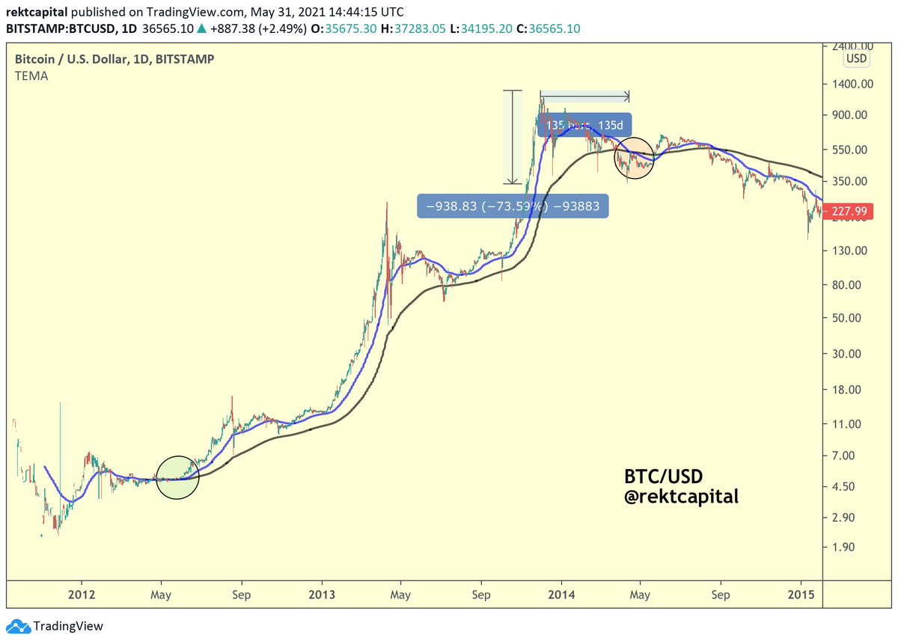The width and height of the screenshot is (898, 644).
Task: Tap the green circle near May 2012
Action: coord(177,477)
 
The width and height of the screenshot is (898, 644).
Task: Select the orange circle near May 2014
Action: coord(634,158)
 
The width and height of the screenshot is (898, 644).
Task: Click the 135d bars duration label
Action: coord(585,124)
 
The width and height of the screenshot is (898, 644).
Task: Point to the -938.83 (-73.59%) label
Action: coord(513,206)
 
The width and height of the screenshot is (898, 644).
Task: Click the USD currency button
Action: coord(856,58)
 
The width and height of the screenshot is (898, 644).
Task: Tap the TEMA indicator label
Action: coord(32,76)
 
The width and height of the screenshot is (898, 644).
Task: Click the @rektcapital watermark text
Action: coord(681,495)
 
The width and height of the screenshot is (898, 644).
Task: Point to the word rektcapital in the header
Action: coord(37,13)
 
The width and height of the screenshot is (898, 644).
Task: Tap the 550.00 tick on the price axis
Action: coord(851,150)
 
